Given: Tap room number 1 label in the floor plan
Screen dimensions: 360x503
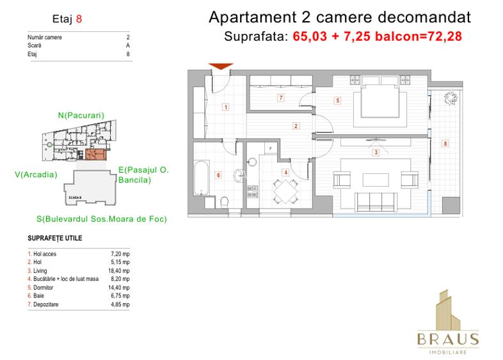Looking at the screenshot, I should click(x=225, y=107).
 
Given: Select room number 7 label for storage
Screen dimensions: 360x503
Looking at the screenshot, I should click(x=280, y=98).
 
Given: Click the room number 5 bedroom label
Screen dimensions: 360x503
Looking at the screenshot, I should click(x=337, y=100).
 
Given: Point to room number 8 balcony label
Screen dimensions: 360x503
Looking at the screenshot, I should click(x=445, y=143).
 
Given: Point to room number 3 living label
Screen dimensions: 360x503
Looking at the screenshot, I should click(x=376, y=152).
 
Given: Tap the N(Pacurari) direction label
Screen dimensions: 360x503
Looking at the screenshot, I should click(x=81, y=115).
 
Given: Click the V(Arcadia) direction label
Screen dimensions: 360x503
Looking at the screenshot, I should click(x=36, y=173).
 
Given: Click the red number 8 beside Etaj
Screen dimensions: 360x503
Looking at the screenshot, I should click(x=79, y=19).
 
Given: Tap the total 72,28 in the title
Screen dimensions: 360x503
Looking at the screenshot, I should click(x=444, y=36).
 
